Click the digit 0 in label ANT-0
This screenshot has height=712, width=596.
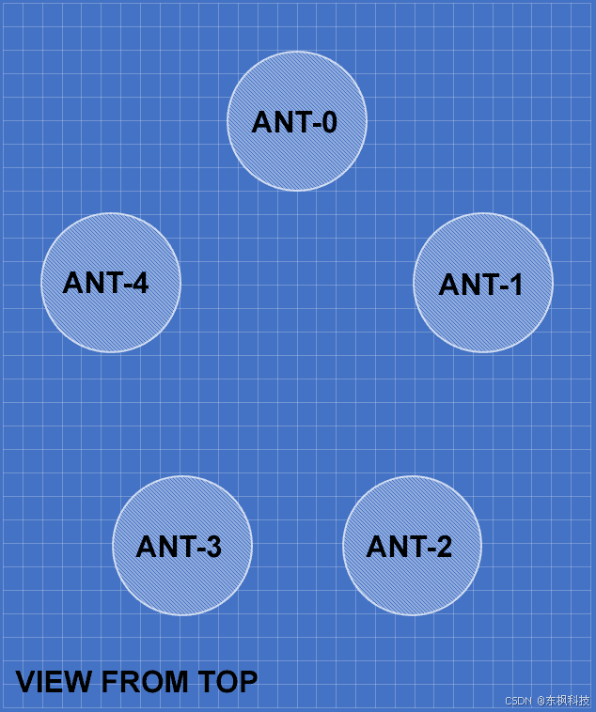click(x=326, y=122)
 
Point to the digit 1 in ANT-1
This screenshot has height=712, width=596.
click(x=513, y=285)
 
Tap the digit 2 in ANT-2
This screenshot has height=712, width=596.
click(x=442, y=547)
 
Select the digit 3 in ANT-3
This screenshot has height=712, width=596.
click(x=212, y=547)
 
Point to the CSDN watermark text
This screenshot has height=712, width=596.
click(x=519, y=701)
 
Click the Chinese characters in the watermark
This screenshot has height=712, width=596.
click(x=568, y=701)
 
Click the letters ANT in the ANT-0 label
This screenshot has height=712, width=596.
click(x=278, y=122)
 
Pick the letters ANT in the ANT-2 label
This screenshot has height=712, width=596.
click(x=393, y=547)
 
